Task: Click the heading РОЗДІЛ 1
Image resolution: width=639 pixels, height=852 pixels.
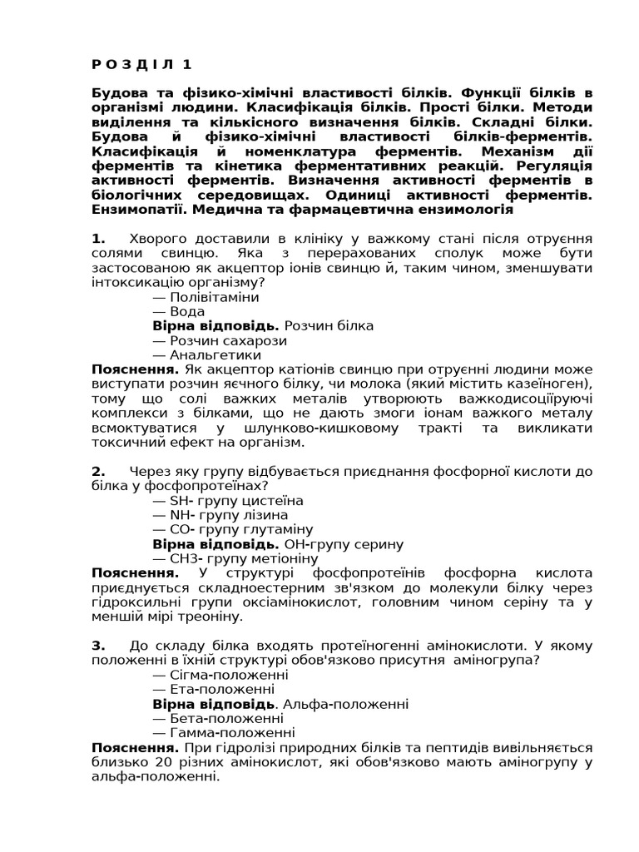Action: click(141, 64)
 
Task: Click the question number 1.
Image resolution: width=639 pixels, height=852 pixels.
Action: click(97, 240)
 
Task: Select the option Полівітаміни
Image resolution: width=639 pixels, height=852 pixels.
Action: click(213, 297)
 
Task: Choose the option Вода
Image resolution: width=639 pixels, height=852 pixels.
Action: click(186, 311)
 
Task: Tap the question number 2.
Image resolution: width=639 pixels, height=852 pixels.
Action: click(98, 472)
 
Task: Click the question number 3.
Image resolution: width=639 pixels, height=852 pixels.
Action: click(98, 646)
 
